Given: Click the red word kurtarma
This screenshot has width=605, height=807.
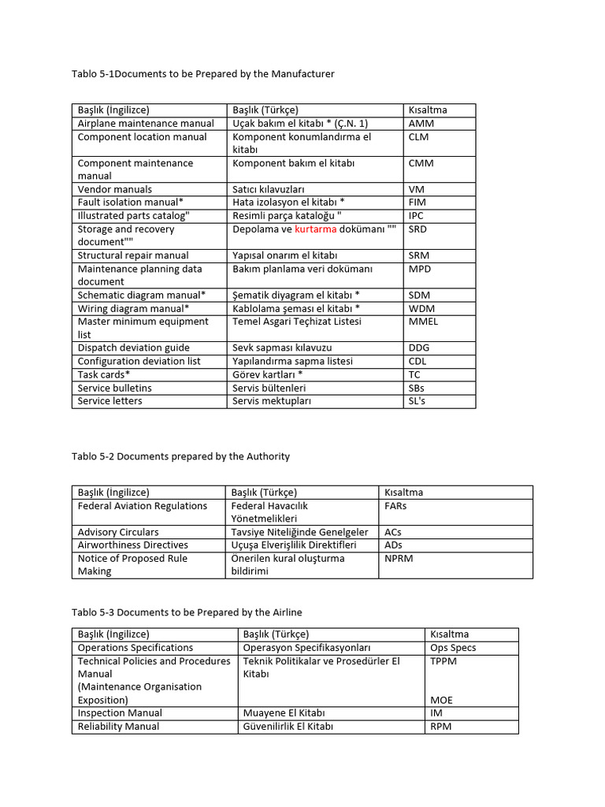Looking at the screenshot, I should pos(315,229).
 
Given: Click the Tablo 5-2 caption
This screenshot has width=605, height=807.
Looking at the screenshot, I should pos(180,456).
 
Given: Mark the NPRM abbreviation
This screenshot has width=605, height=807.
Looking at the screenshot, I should pos(399,559).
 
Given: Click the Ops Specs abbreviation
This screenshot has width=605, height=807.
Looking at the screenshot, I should pos(453,648).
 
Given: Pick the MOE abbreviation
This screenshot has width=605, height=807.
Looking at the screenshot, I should pos(442,700).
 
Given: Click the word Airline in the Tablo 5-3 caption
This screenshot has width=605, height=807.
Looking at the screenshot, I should pos(285,612).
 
